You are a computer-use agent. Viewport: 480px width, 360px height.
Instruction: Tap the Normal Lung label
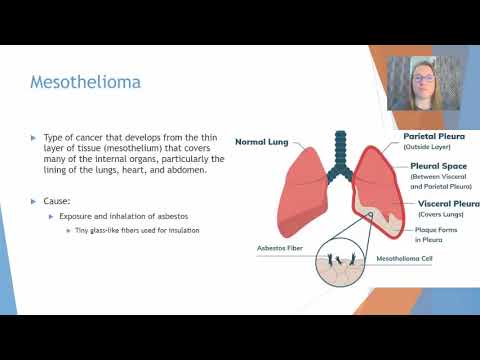pyautogui.click(x=263, y=142)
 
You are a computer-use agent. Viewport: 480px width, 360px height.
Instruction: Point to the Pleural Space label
pyautogui.click(x=437, y=165)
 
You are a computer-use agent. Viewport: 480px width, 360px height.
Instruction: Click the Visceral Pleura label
pyautogui.click(x=441, y=203)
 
